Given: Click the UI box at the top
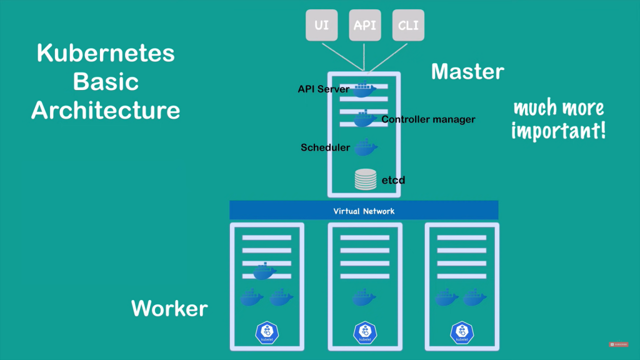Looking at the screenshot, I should click(321, 26).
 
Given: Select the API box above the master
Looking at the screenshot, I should click(365, 26).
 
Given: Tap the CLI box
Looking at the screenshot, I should click(409, 26).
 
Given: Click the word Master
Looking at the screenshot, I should click(467, 71).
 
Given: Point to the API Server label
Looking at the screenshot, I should click(323, 89).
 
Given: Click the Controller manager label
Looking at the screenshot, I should click(428, 119).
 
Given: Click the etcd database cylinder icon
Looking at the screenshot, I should click(366, 180).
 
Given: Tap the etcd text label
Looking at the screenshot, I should click(394, 181).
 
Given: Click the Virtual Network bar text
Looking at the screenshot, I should click(364, 211).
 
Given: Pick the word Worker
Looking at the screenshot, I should click(169, 308).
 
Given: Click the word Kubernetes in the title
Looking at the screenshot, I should click(106, 54).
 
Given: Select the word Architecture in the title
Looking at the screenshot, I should click(106, 111).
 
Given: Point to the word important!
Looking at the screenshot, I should click(558, 131).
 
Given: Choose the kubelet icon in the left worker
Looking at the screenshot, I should click(267, 332).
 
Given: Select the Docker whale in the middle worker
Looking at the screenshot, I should click(364, 297).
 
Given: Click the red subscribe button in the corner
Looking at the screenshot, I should click(619, 344).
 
